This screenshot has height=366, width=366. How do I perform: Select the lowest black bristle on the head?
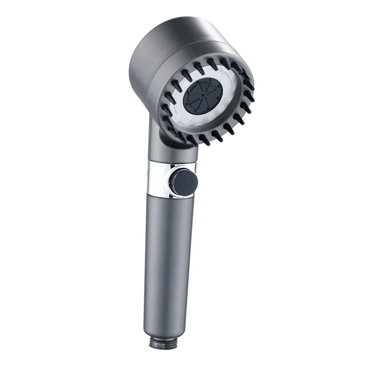205,139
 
